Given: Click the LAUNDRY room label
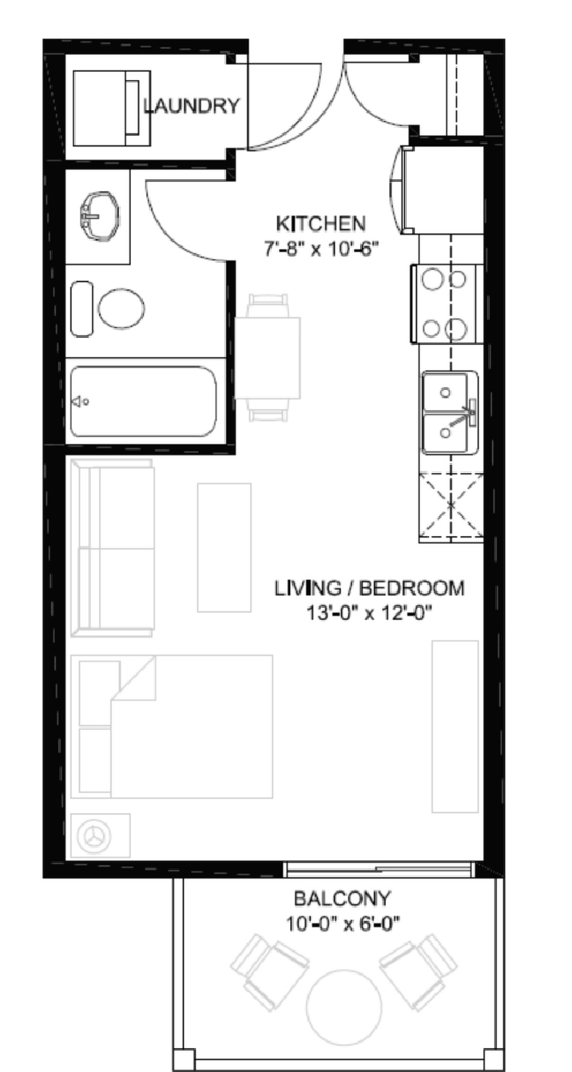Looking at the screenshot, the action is tap(192, 105).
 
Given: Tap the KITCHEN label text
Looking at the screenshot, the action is tap(320, 224).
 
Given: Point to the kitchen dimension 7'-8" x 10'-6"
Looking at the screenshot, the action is tap(321, 249).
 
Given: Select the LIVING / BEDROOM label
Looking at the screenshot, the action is tap(369, 588).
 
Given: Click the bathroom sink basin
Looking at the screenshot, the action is tap(99, 216).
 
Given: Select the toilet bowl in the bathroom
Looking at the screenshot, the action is tap(121, 308).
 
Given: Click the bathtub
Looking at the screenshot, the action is tap(144, 402).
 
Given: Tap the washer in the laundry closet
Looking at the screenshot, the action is tap(112, 108).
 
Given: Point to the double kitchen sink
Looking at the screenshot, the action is tap(450, 412).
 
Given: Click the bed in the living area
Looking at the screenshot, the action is tap(172, 726).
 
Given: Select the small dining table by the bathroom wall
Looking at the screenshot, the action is tap(268, 358).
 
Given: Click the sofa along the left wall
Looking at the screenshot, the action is tap(113, 548).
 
